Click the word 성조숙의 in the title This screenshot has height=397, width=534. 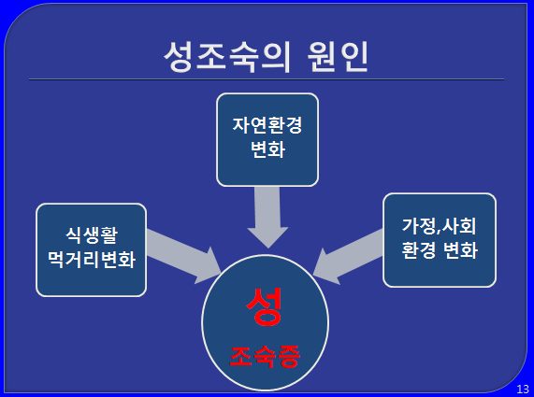tap(227, 57)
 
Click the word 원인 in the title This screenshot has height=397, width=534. tap(338, 57)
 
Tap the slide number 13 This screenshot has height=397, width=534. tap(523, 389)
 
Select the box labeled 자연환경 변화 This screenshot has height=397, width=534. tap(267, 140)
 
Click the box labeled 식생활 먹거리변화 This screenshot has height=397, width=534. tap(92, 250)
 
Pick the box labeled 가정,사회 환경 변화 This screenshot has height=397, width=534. tap(440, 240)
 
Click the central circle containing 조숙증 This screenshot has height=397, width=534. tap(265, 322)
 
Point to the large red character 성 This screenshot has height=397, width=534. tap(265, 306)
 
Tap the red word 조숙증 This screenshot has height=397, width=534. tap(265, 357)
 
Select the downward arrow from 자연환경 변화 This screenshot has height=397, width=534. tap(267, 218)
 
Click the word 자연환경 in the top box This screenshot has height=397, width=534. tap(267, 125)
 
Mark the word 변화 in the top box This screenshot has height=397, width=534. tap(267, 149)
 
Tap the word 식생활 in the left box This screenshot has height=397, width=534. tap(92, 235)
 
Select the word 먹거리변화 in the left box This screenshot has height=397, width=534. tap(92, 260)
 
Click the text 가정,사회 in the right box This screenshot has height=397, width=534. tap(439, 226)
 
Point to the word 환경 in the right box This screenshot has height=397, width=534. tap(419, 250)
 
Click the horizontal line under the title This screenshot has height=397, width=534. tap(267, 79)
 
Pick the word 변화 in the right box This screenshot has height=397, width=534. tap(460, 250)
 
